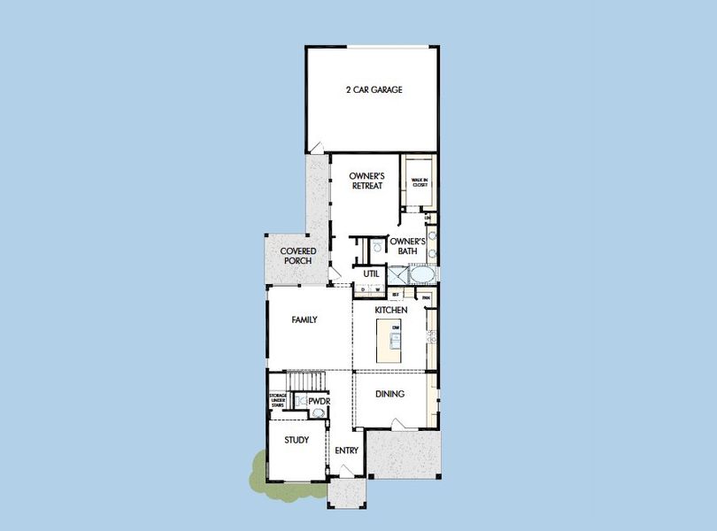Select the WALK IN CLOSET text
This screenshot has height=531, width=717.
click(420, 182)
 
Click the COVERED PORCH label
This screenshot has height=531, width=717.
click(298, 256)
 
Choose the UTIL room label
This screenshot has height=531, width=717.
click(371, 274)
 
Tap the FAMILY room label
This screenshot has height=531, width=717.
click(305, 319)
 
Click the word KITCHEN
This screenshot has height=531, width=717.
click(390, 311)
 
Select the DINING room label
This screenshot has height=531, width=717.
click(389, 394)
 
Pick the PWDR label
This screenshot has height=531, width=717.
click(319, 402)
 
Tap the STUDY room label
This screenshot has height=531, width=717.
click(297, 440)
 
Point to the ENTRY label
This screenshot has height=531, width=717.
click(346, 450)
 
